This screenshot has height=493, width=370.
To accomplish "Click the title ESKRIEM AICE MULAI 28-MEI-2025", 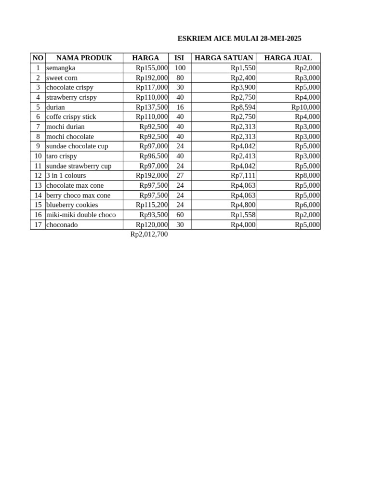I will (239, 39).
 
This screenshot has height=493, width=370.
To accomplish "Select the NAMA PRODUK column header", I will (84, 58).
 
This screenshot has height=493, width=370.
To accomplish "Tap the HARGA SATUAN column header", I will (224, 58).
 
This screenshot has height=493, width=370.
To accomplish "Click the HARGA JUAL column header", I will (288, 58).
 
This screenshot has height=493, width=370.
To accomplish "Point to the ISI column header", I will (179, 58).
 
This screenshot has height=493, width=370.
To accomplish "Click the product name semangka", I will (61, 68).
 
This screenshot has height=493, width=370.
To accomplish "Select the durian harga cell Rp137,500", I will (152, 107).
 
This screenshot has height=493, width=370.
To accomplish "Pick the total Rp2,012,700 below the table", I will (149, 234).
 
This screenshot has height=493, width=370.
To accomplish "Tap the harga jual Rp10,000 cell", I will (305, 107).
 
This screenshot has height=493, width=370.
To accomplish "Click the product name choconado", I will (62, 225).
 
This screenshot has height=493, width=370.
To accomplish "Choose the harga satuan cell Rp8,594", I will (243, 107).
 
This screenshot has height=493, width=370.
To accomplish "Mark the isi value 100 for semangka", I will (180, 68).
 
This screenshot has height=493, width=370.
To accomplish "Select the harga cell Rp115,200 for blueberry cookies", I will (152, 205).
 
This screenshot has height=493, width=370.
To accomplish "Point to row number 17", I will (38, 225).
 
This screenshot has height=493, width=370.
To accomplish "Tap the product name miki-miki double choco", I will (81, 215).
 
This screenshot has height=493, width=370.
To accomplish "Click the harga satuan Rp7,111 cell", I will (243, 176).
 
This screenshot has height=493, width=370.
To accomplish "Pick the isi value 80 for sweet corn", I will (180, 78).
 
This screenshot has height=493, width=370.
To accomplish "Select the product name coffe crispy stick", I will (71, 117).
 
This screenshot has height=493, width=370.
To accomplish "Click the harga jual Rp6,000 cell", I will (307, 205).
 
